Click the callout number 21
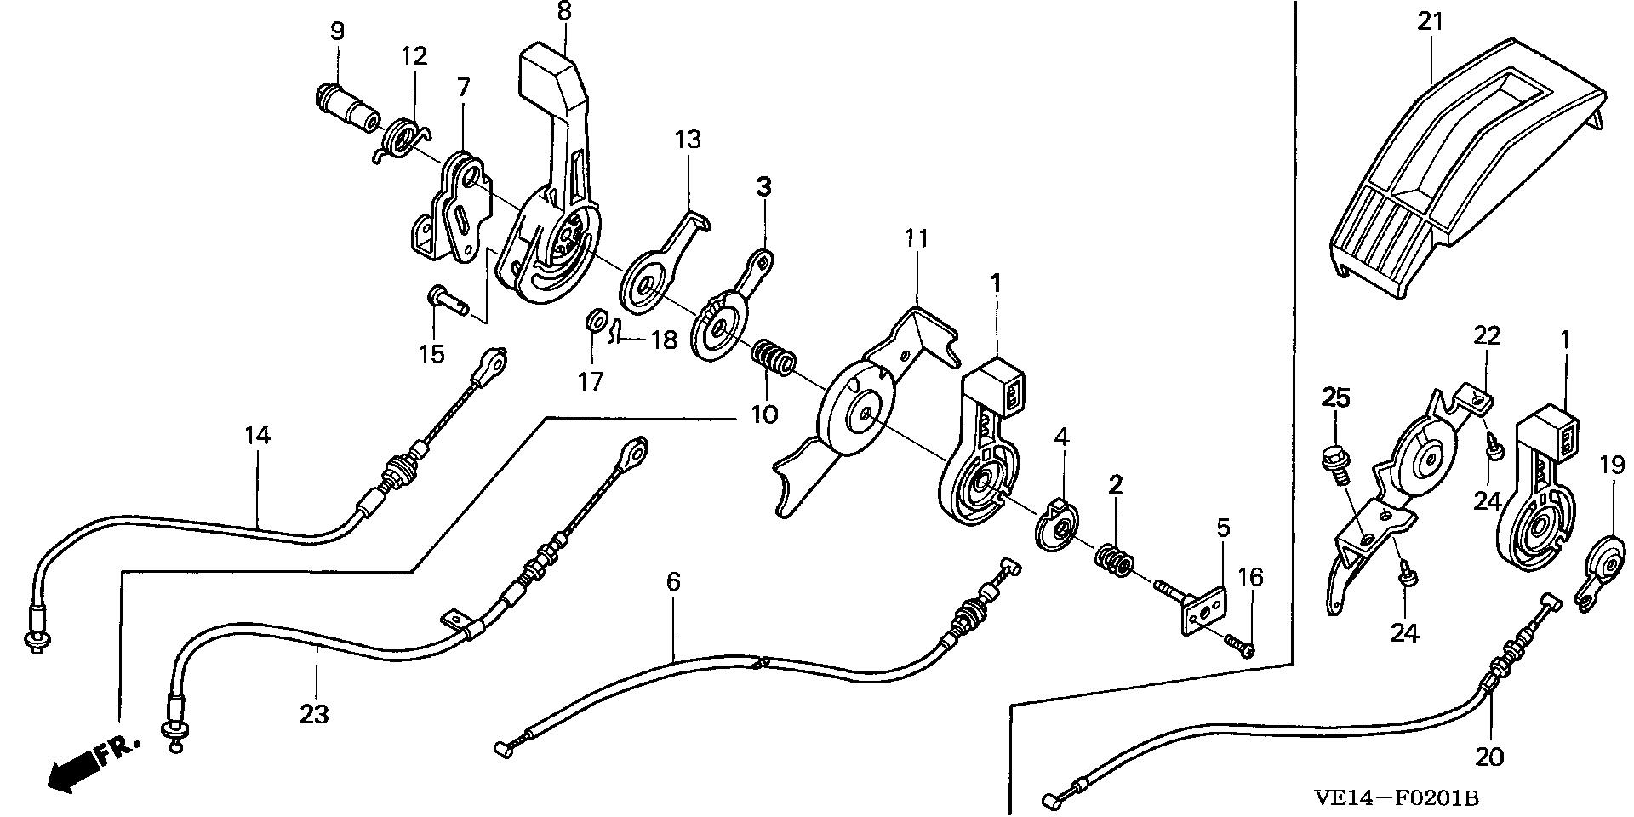pos(1431,20)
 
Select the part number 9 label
pos(337,31)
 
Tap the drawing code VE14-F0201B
pos(1395,798)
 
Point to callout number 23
pos(314,713)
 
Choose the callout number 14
pos(257,436)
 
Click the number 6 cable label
pos(673,582)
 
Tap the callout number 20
pos(1489,757)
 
